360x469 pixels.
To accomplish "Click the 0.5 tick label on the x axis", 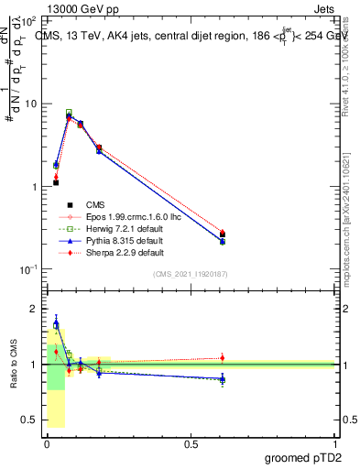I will click(191, 442).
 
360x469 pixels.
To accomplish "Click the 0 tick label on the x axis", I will click(47, 442).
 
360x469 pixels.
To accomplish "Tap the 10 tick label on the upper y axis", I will click(30, 104).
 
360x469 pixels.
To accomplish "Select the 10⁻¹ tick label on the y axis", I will click(27, 269).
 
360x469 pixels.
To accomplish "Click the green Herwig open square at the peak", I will click(69, 113).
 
